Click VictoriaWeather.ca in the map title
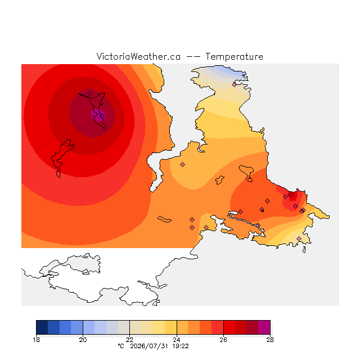[x=138, y=56]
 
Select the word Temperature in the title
[x=234, y=56]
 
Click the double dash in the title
[x=193, y=57]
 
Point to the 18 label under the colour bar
[x=36, y=340]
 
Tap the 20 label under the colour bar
[x=83, y=340]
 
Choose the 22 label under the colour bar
[x=130, y=340]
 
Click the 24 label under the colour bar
[x=177, y=340]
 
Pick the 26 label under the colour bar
[x=223, y=340]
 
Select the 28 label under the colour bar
[x=270, y=340]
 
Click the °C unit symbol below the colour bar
[x=121, y=346]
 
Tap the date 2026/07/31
[x=149, y=346]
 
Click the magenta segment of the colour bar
[x=264, y=327]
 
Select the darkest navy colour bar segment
[x=42, y=327]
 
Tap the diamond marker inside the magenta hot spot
[x=102, y=116]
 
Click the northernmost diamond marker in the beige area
[x=234, y=85]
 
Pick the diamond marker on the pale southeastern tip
[x=299, y=238]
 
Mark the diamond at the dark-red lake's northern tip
[x=90, y=93]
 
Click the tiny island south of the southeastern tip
[x=304, y=250]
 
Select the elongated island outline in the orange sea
[x=164, y=219]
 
